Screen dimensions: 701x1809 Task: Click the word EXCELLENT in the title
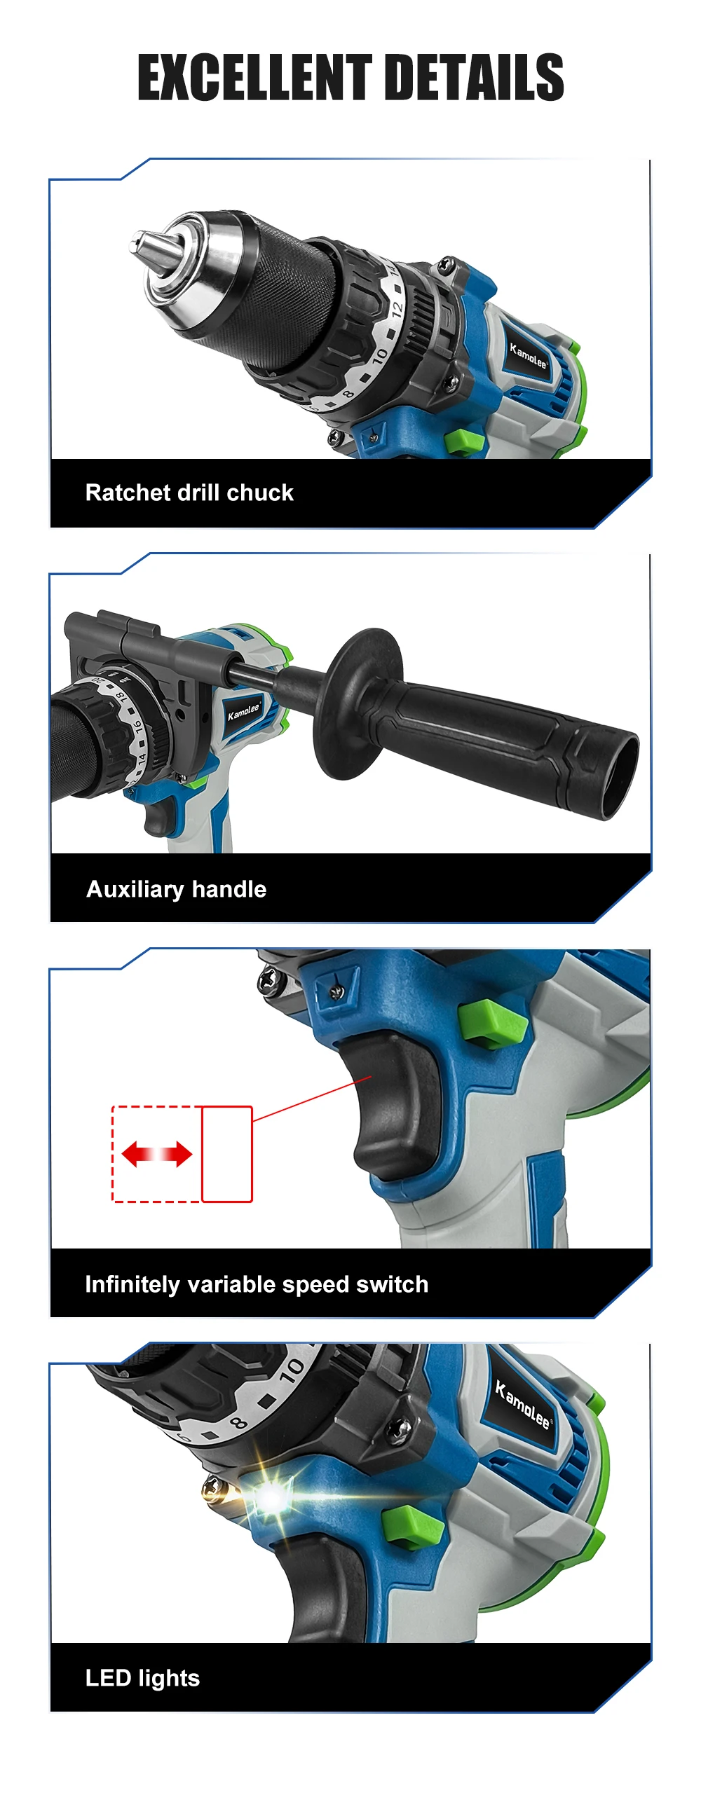pos(254,77)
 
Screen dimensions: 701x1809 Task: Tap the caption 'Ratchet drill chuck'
pos(189,493)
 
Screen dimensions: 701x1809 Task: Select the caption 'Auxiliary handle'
pos(177,889)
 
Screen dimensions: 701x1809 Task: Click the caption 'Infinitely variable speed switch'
pos(257,1284)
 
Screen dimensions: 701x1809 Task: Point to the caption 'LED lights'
pos(142,1678)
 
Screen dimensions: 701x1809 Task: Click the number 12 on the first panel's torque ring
pos(397,308)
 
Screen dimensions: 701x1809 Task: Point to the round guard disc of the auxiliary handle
pos(358,703)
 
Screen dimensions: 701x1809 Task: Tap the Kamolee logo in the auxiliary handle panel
pos(244,711)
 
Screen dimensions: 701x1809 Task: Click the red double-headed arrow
pos(156,1154)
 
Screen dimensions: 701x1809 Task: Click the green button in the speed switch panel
pos(493,1024)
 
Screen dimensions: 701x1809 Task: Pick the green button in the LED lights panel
pos(413,1525)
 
